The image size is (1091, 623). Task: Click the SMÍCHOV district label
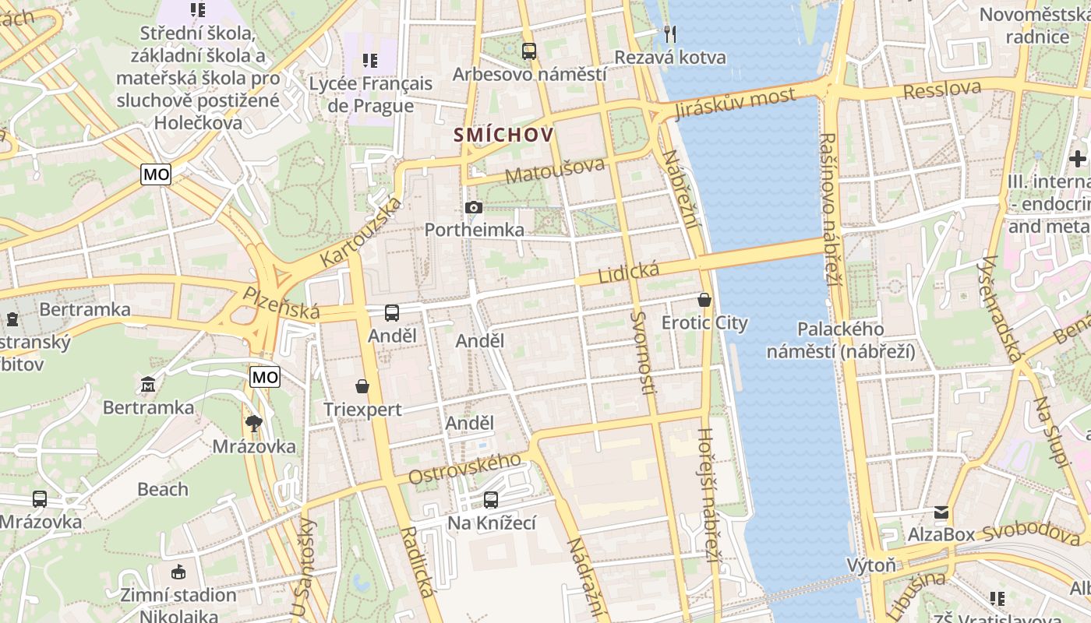504,135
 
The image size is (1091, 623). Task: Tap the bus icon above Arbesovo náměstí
529,51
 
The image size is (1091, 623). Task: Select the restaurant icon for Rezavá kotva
669,33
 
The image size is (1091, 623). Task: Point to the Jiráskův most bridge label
736,102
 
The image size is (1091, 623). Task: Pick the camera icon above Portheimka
473,207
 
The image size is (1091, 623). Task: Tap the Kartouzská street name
362,231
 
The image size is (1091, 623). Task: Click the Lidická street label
628,272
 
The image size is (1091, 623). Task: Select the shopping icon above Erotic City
704,299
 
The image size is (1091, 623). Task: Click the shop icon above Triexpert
362,385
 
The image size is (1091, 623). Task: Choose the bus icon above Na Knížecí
490,499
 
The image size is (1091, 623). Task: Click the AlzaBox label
941,534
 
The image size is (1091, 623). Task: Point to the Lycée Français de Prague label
371,93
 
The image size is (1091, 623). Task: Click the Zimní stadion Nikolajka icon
178,572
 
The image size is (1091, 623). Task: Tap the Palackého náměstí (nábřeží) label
841,340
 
